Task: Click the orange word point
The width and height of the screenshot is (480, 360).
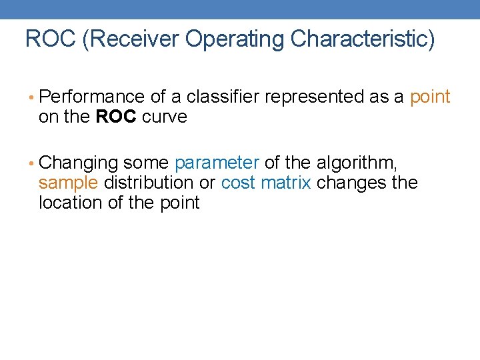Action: (430, 97)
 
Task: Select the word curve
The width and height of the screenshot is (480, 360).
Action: (165, 117)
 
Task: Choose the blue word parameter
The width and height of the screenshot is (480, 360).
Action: (217, 163)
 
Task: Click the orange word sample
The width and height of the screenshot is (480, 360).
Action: (68, 183)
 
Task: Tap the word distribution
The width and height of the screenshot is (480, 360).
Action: (149, 183)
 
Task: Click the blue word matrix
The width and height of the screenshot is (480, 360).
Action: (285, 183)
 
